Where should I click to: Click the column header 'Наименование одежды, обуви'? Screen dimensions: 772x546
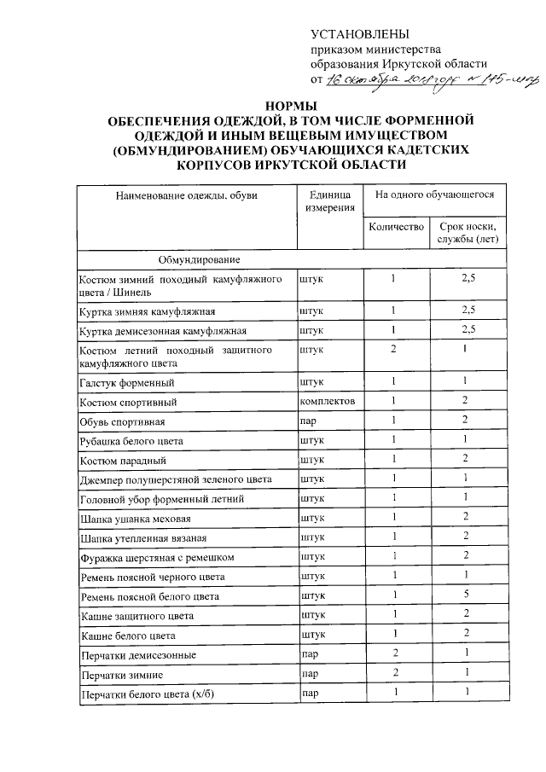pos(186,195)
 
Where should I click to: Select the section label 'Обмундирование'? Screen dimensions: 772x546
pos(198,258)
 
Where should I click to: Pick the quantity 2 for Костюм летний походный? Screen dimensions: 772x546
pos(393,350)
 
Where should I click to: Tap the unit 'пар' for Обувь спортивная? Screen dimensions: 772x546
pos(309,421)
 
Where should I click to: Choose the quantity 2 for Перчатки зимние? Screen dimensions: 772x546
pos(393,674)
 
